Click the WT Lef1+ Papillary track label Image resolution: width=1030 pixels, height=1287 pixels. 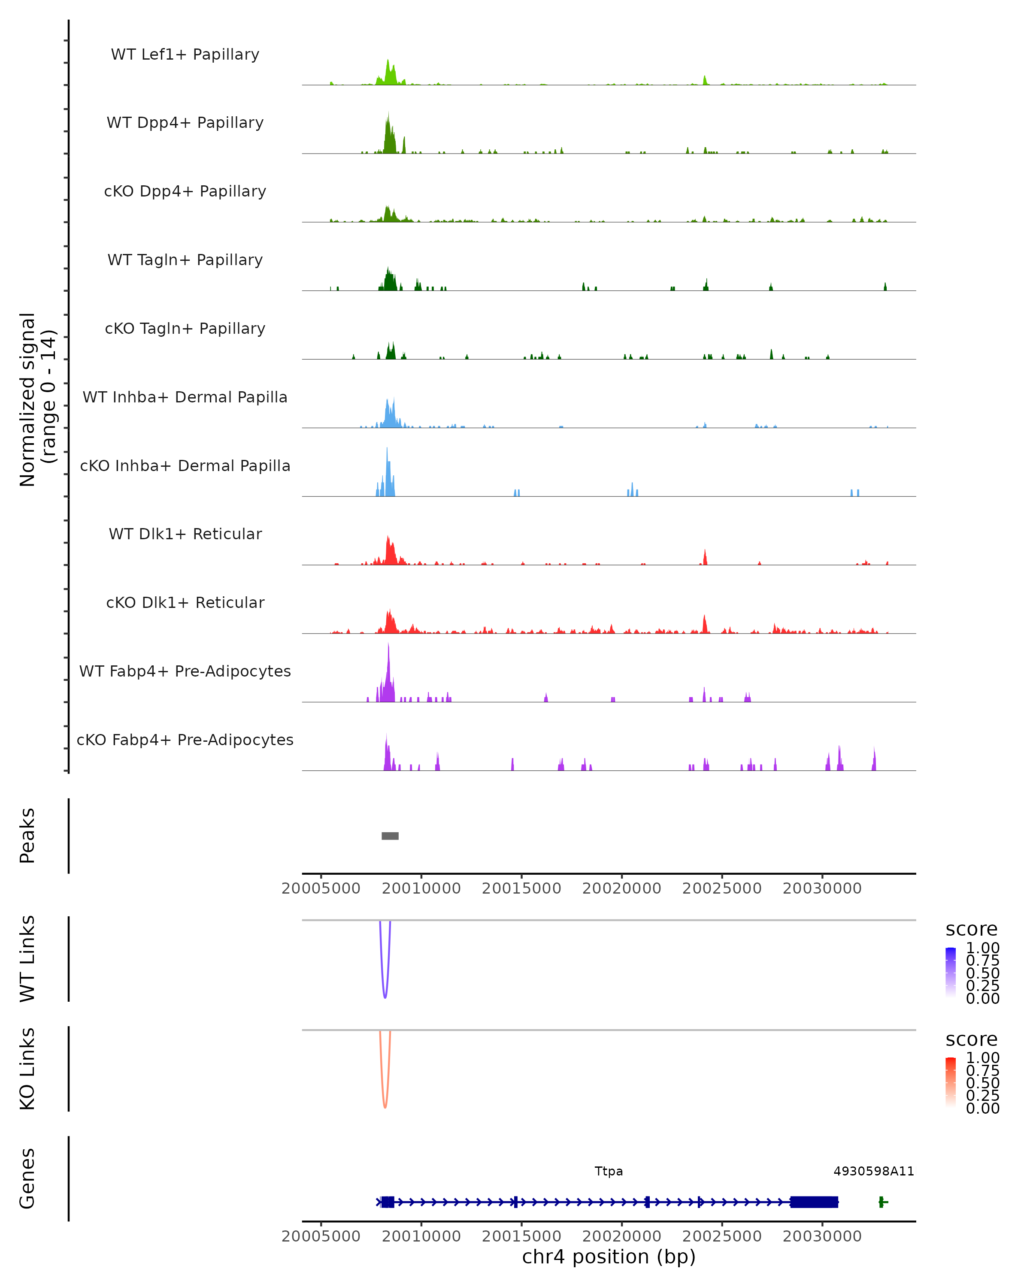tap(185, 54)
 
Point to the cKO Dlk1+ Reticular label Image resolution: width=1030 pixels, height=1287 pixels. tap(185, 602)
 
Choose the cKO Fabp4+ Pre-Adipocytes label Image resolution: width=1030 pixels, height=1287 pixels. tap(185, 740)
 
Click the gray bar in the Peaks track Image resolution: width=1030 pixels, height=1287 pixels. tap(390, 836)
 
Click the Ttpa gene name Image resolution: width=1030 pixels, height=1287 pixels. tap(609, 1171)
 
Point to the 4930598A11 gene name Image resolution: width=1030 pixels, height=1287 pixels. tap(873, 1171)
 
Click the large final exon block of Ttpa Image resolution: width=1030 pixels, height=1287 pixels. tap(814, 1202)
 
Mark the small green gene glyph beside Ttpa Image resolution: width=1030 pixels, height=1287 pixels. tap(882, 1202)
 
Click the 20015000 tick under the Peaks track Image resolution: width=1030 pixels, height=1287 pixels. tap(521, 888)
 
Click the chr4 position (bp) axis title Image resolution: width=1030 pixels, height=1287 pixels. tap(609, 1257)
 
